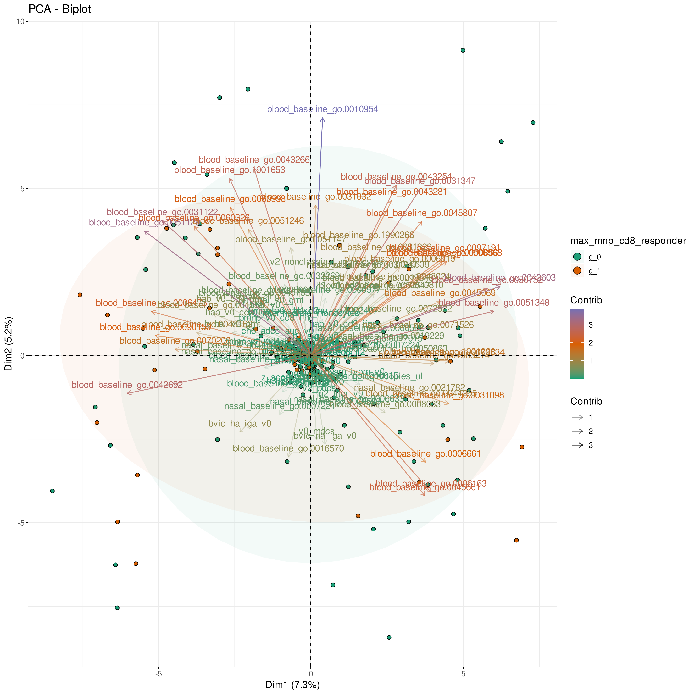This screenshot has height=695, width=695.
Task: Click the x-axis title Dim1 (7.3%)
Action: [292, 685]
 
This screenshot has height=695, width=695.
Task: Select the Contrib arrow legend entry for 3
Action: [577, 445]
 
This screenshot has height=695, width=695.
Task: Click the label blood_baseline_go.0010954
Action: [322, 109]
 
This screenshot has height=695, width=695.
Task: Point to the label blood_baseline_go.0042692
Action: [127, 385]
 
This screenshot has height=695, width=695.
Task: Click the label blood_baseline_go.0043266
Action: [254, 160]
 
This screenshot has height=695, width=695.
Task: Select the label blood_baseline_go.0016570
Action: [288, 449]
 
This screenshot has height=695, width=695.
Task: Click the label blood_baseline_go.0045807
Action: [422, 213]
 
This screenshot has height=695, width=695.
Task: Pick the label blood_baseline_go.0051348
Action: [494, 303]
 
